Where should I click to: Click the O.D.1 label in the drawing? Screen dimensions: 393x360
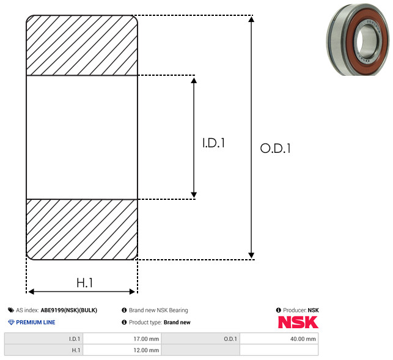pos(276,149)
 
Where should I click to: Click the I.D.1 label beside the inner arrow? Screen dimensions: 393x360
pos(213,143)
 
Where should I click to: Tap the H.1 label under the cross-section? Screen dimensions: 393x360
pos(85,283)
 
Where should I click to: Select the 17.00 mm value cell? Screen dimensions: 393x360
pos(122,339)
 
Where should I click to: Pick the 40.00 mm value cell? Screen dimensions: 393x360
pos(279,339)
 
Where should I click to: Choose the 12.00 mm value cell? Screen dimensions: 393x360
pos(122,350)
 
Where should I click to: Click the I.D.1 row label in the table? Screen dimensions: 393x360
pos(43,339)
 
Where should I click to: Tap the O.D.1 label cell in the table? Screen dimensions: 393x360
pos(200,339)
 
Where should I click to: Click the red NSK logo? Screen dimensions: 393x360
pos(298,322)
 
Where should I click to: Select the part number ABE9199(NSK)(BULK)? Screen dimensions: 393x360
pos(69,310)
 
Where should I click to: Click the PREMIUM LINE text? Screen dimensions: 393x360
pos(35,322)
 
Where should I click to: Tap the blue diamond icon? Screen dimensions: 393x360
pos(11,322)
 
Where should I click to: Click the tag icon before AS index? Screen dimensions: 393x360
pos(11,310)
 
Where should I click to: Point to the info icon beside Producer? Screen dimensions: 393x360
pos(278,310)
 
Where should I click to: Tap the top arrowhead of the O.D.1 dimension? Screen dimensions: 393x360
pos(251,19)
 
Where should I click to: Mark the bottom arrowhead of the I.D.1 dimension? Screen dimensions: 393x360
pos(194,195)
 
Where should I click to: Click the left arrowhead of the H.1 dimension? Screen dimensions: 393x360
pos(31,292)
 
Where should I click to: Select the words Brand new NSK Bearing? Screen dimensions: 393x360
pos(158,310)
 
